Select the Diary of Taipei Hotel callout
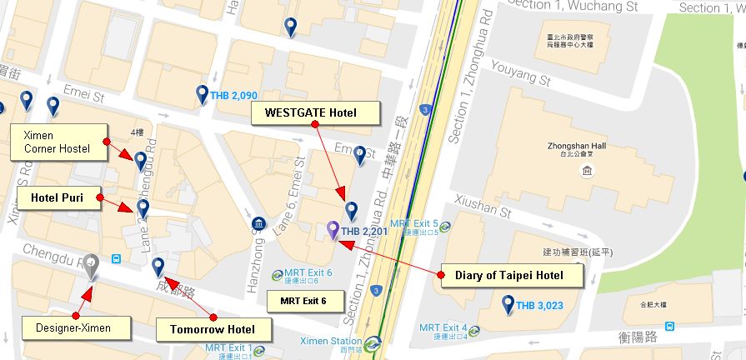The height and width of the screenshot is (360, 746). (508, 275)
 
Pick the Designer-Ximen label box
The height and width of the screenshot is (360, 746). (73, 327)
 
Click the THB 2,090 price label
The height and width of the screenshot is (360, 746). (233, 96)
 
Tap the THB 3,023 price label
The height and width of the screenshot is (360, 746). (539, 306)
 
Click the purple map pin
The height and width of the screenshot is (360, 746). (333, 229)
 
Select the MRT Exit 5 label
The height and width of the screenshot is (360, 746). (414, 223)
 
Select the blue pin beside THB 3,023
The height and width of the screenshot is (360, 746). (508, 305)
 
